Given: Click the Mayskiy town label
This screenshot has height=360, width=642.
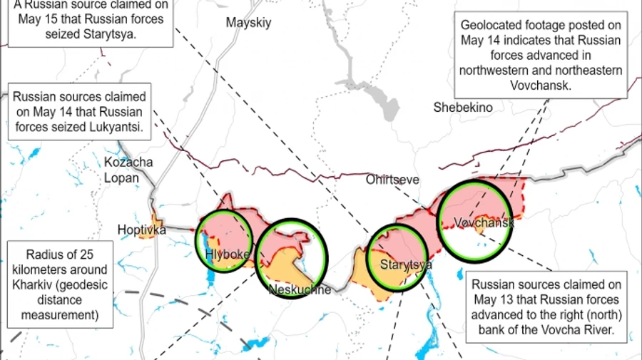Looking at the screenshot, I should click(x=249, y=23).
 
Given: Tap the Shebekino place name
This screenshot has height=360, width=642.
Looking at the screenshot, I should click(x=463, y=108).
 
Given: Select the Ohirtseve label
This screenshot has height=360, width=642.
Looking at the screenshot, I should click(x=393, y=180).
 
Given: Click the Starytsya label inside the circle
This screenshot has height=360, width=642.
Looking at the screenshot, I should click(x=406, y=265).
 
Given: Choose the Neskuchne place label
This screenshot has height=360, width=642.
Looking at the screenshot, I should click(x=300, y=289).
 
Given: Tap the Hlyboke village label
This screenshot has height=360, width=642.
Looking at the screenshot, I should click(x=228, y=254).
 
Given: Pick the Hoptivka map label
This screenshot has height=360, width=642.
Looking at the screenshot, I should click(x=141, y=230).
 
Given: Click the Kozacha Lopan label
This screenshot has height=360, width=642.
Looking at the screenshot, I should click(x=128, y=170).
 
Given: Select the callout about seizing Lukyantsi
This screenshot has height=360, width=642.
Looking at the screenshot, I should click(x=79, y=112).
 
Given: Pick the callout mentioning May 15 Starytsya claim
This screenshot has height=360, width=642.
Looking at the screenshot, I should click(x=88, y=21).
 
